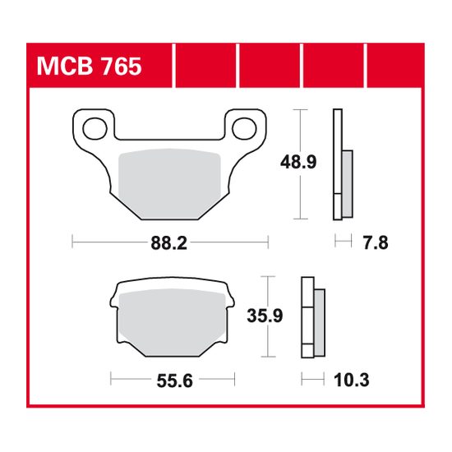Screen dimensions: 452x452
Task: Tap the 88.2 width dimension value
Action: click(170, 242)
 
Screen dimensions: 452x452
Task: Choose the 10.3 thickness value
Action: click(352, 380)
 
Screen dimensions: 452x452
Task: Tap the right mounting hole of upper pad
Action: click(246, 127)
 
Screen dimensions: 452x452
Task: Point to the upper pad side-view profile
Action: click(340, 164)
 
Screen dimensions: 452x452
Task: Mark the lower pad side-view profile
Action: click(313, 316)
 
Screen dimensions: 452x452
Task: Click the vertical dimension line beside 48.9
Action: click(302, 164)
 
